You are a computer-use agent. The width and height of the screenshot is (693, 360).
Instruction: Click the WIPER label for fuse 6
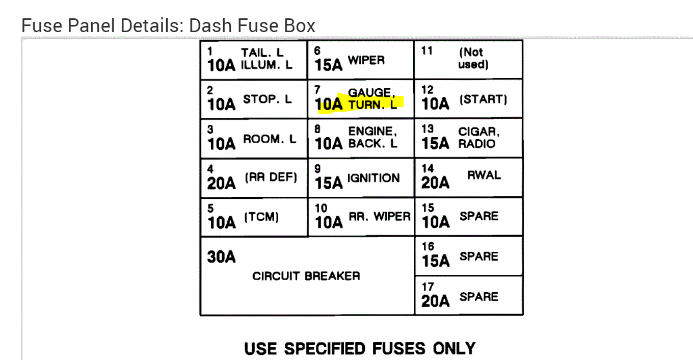tap(366, 60)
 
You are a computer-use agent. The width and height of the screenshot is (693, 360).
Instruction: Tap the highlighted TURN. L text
tap(372, 105)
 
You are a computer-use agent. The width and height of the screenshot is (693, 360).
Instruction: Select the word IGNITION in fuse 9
tap(374, 178)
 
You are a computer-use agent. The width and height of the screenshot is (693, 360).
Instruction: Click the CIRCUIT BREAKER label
tap(306, 276)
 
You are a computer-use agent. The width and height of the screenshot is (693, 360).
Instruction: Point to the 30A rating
tap(221, 256)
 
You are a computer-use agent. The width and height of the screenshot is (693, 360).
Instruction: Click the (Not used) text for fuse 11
tap(472, 58)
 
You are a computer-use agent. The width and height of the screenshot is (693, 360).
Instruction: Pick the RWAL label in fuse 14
tap(484, 175)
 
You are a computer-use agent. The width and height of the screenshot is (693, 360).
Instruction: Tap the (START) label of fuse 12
tap(483, 99)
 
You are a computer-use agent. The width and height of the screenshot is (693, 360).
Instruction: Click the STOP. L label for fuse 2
tap(268, 99)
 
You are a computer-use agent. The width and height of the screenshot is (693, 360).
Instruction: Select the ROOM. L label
tap(270, 139)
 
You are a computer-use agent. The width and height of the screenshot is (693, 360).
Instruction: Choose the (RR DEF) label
tap(271, 178)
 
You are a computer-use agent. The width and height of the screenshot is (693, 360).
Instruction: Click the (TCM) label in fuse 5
tap(262, 217)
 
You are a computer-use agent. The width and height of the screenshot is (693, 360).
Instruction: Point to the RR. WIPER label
tap(379, 217)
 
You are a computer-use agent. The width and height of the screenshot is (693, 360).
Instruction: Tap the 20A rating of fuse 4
tap(221, 183)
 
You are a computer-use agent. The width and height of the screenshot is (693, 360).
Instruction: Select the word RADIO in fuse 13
tap(476, 144)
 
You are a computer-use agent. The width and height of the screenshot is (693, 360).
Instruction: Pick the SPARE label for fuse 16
tap(478, 256)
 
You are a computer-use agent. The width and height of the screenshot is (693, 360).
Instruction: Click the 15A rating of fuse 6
tap(329, 65)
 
